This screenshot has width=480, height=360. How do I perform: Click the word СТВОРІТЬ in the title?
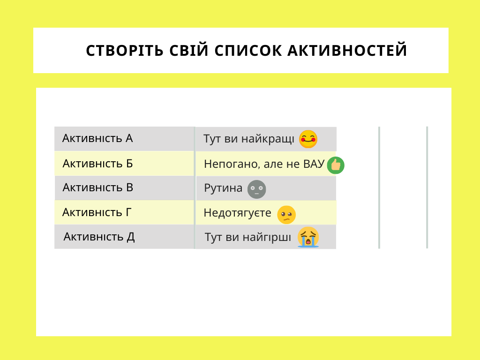click(x=125, y=51)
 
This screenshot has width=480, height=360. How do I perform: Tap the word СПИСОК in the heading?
click(x=247, y=51)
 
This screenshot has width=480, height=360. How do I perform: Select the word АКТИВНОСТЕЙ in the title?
click(x=347, y=51)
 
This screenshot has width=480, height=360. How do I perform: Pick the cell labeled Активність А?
click(x=124, y=139)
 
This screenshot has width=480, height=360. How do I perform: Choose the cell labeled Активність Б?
click(x=124, y=164)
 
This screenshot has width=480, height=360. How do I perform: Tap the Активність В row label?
click(x=124, y=187)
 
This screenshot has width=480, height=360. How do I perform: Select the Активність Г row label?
click(x=124, y=212)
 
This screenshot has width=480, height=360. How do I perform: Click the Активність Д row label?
click(x=124, y=237)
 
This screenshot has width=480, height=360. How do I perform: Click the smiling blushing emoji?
click(x=308, y=139)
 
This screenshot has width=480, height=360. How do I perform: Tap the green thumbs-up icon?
click(x=336, y=165)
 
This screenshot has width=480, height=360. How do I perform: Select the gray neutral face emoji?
click(x=256, y=189)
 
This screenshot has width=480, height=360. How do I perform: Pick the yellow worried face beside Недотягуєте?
click(x=286, y=215)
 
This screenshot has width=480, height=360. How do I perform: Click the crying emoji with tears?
click(x=308, y=237)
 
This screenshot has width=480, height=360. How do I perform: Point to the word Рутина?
click(x=223, y=188)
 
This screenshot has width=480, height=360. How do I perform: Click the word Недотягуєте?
click(x=238, y=213)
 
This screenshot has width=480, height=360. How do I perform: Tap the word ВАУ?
click(x=314, y=164)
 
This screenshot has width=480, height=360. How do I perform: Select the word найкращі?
click(x=268, y=139)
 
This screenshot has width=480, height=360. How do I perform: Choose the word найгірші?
click(x=267, y=237)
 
